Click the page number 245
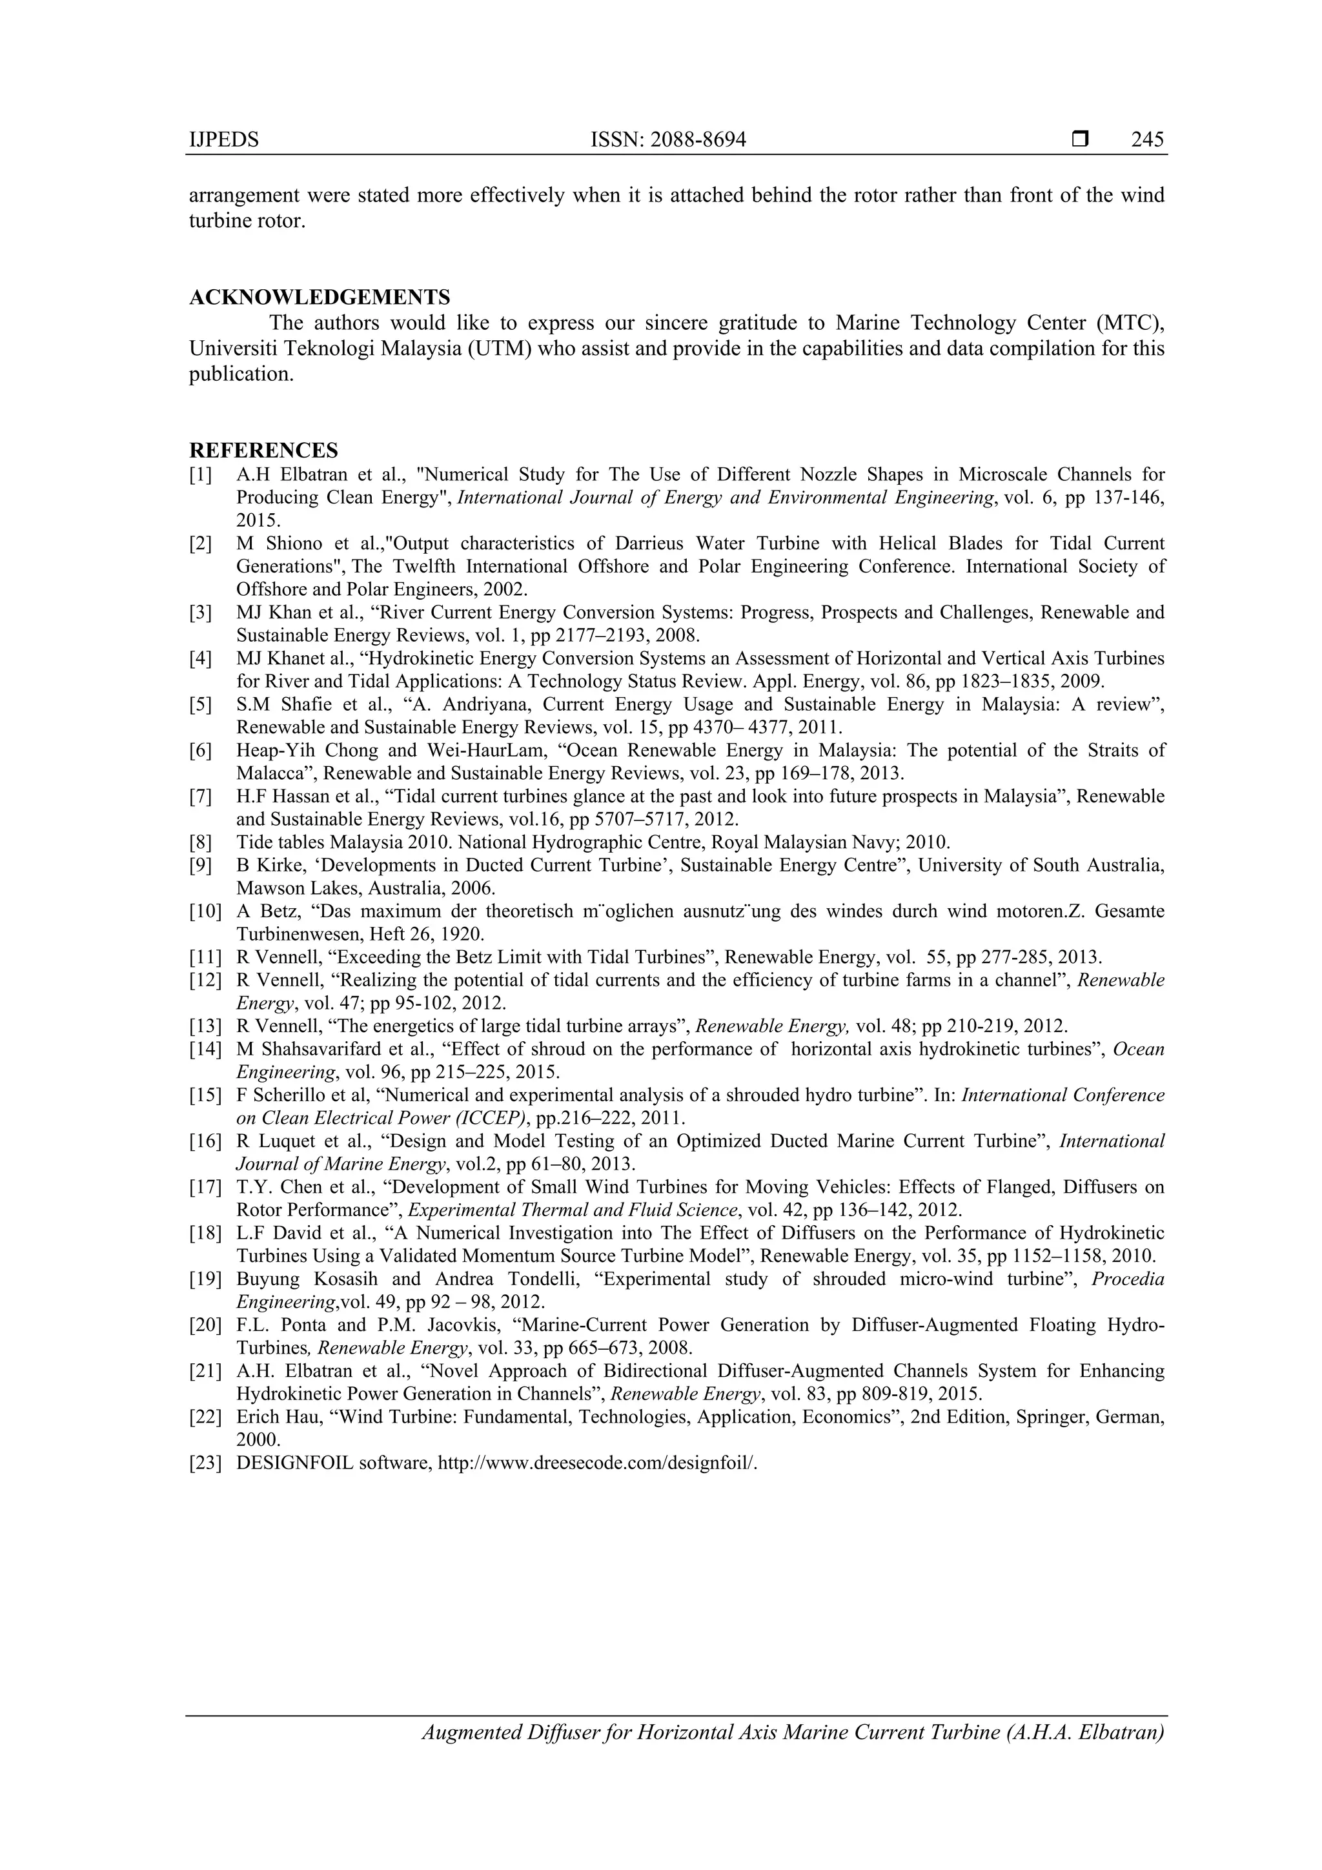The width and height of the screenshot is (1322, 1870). pyautogui.click(x=1147, y=140)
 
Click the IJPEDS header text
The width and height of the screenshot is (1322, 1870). pyautogui.click(x=224, y=140)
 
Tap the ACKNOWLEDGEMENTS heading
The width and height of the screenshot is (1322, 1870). pyautogui.click(x=320, y=298)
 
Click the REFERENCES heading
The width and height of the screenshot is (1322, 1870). pyautogui.click(x=263, y=451)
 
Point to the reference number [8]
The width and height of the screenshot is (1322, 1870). pyautogui.click(x=200, y=842)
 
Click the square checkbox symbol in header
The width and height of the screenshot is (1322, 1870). pyautogui.click(x=1080, y=139)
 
